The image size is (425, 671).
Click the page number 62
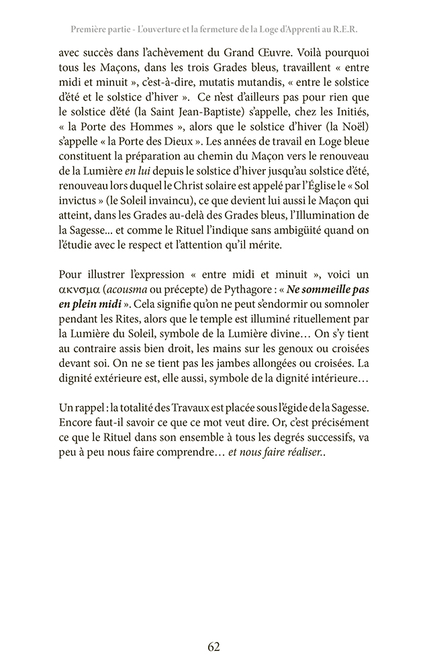(x=214, y=647)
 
